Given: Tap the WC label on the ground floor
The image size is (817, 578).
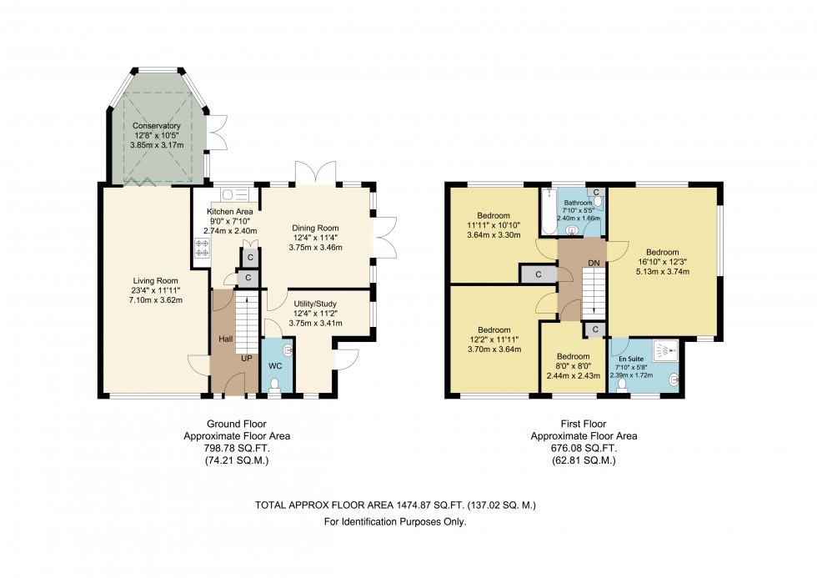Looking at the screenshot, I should [x=275, y=366].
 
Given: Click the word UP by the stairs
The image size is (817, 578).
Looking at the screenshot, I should [x=247, y=358].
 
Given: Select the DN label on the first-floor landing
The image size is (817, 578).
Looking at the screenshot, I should [x=594, y=262].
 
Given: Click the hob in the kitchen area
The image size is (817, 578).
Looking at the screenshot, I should [x=201, y=247].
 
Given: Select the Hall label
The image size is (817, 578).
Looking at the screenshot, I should [x=225, y=339].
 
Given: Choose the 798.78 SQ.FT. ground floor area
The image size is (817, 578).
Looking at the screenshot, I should [x=238, y=448].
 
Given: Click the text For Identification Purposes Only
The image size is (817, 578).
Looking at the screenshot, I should [x=395, y=522].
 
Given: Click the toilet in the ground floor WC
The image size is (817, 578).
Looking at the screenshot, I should [x=275, y=384].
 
